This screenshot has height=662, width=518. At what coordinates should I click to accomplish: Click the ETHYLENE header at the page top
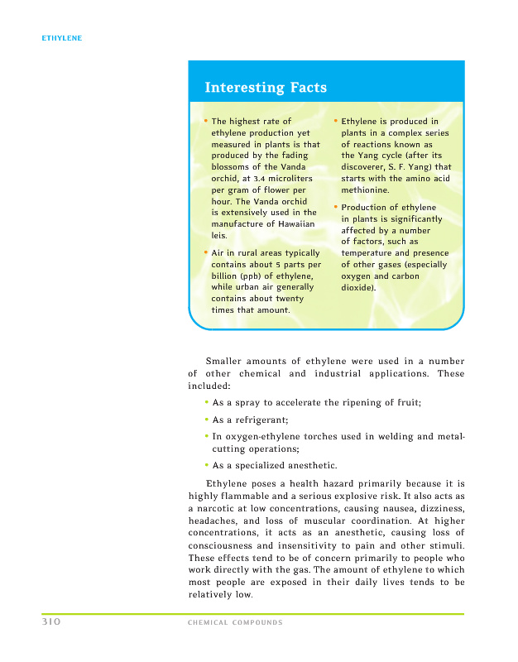pyautogui.click(x=62, y=38)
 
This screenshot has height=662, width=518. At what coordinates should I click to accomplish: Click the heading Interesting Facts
pyautogui.click(x=266, y=88)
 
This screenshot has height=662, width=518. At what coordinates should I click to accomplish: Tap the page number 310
pyautogui.click(x=54, y=621)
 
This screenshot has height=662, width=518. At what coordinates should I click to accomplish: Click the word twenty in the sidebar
pyautogui.click(x=290, y=299)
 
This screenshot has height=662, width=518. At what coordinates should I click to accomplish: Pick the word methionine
pyautogui.click(x=368, y=189)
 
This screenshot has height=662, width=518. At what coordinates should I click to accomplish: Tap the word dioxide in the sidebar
pyautogui.click(x=357, y=287)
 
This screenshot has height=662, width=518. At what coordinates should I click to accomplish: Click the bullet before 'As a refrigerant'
pyautogui.click(x=205, y=420)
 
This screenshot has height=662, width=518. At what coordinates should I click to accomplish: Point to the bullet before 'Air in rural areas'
pyautogui.click(x=205, y=252)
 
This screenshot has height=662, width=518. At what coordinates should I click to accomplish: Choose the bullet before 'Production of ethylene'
pyautogui.click(x=335, y=207)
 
